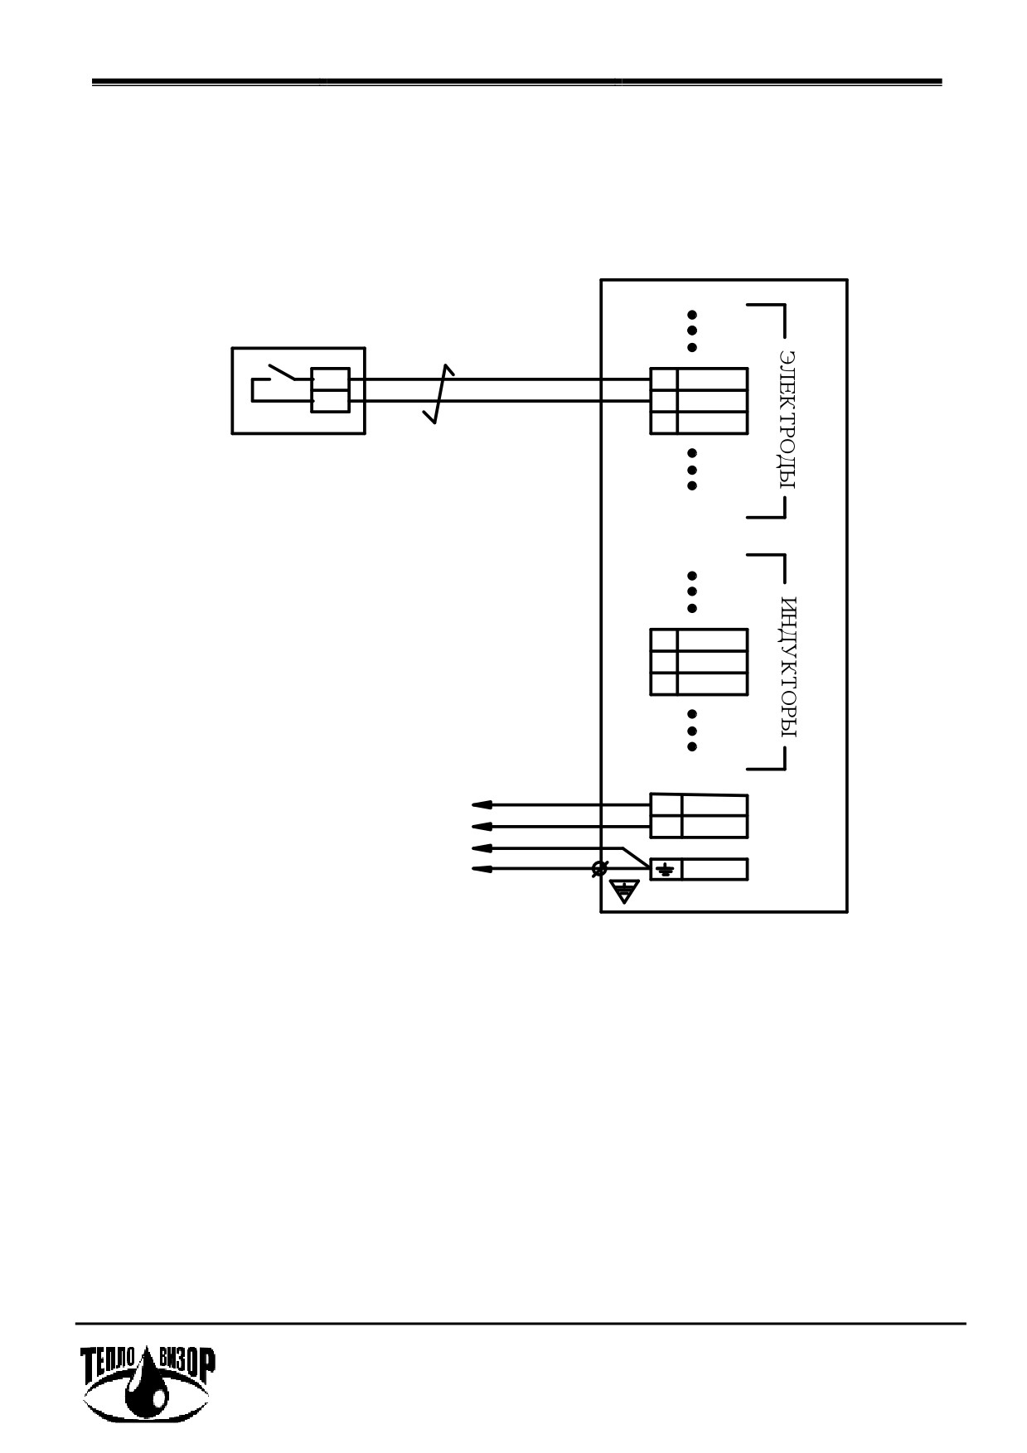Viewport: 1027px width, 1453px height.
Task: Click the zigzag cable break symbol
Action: [439, 393]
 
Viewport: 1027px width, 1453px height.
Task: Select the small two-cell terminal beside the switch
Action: [330, 389]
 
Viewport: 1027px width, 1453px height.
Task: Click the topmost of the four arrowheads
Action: [482, 804]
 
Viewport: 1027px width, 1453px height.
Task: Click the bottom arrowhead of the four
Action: [482, 869]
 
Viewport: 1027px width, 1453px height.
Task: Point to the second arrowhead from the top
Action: [482, 826]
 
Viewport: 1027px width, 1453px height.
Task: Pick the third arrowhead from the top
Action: [482, 848]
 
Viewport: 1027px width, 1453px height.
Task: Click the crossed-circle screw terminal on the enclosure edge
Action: [599, 869]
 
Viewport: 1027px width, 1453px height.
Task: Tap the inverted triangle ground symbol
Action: [625, 891]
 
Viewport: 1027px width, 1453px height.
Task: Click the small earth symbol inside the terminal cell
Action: [666, 869]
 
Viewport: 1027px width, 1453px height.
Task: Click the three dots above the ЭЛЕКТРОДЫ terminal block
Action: [692, 331]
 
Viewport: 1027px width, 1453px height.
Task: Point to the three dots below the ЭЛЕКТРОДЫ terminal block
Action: [692, 469]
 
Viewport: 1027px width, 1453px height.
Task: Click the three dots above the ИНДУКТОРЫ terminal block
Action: [692, 591]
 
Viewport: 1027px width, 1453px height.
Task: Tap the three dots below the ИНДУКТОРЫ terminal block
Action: [692, 730]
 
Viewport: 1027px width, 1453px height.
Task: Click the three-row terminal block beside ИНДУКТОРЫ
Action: [699, 662]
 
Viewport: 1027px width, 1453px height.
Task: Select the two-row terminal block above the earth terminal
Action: [699, 816]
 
